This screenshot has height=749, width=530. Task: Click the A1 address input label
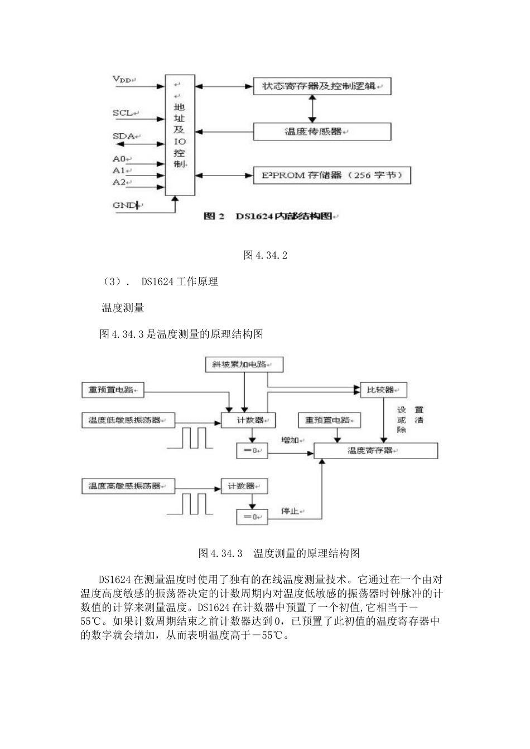point(119,171)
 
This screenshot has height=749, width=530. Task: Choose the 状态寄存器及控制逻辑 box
point(322,86)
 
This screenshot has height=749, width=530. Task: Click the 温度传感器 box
point(322,132)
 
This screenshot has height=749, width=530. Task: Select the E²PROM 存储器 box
point(332,175)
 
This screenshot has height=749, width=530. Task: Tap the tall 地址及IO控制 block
point(180,135)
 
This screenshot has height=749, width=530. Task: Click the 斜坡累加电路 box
point(244,365)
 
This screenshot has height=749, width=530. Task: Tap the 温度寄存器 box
point(375,450)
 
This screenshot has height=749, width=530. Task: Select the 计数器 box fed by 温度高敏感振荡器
point(244,486)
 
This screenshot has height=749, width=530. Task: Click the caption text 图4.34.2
point(265,255)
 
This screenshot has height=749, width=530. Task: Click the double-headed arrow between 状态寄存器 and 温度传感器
point(312,109)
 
